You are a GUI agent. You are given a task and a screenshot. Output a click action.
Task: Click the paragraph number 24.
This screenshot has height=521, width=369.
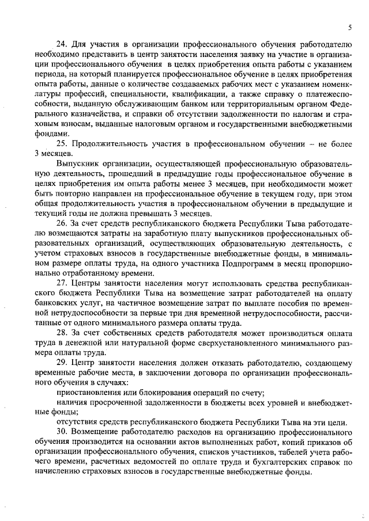pos(61,44)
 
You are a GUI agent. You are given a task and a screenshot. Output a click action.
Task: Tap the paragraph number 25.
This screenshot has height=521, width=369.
pos(61,143)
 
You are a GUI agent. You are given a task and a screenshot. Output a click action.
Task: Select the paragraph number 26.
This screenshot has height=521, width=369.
pos(61,222)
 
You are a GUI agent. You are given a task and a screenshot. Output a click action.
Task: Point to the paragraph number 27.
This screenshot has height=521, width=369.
pos(61,282)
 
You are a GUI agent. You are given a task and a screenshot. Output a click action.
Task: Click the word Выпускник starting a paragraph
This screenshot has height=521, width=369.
pos(78,163)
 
